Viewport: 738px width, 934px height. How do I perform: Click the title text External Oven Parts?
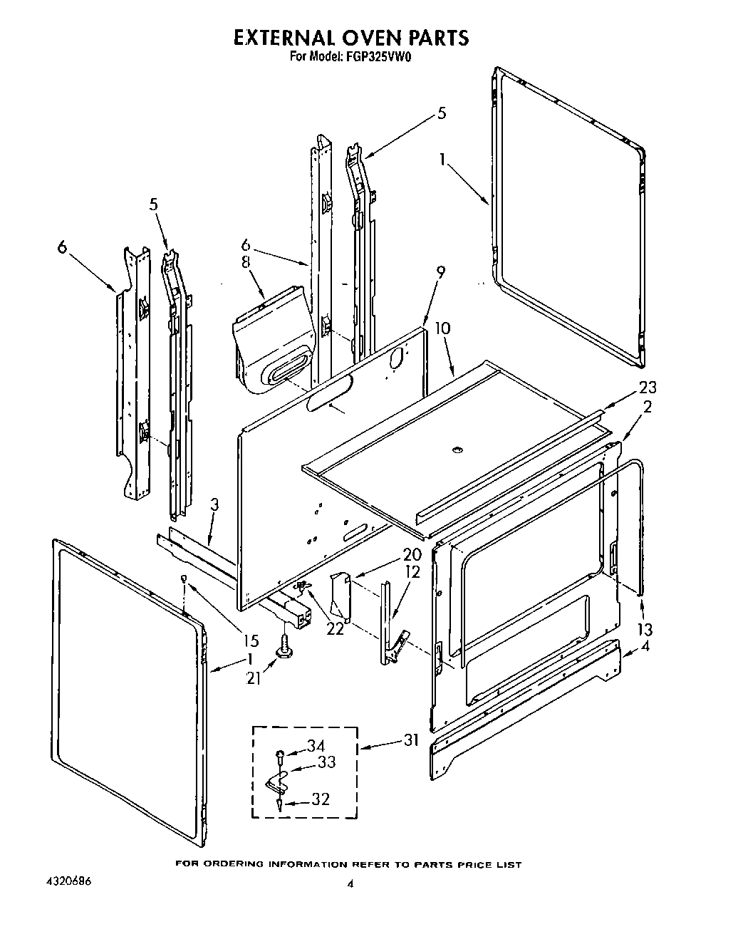tap(352, 37)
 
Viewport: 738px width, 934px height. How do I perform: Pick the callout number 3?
tap(214, 504)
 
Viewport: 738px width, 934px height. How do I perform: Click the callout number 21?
tap(254, 679)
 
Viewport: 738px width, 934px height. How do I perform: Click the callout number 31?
tap(412, 740)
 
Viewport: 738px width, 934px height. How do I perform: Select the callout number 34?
tap(316, 745)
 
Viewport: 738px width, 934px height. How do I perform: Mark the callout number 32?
tap(321, 799)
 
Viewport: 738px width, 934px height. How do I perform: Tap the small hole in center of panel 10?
tap(457, 450)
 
